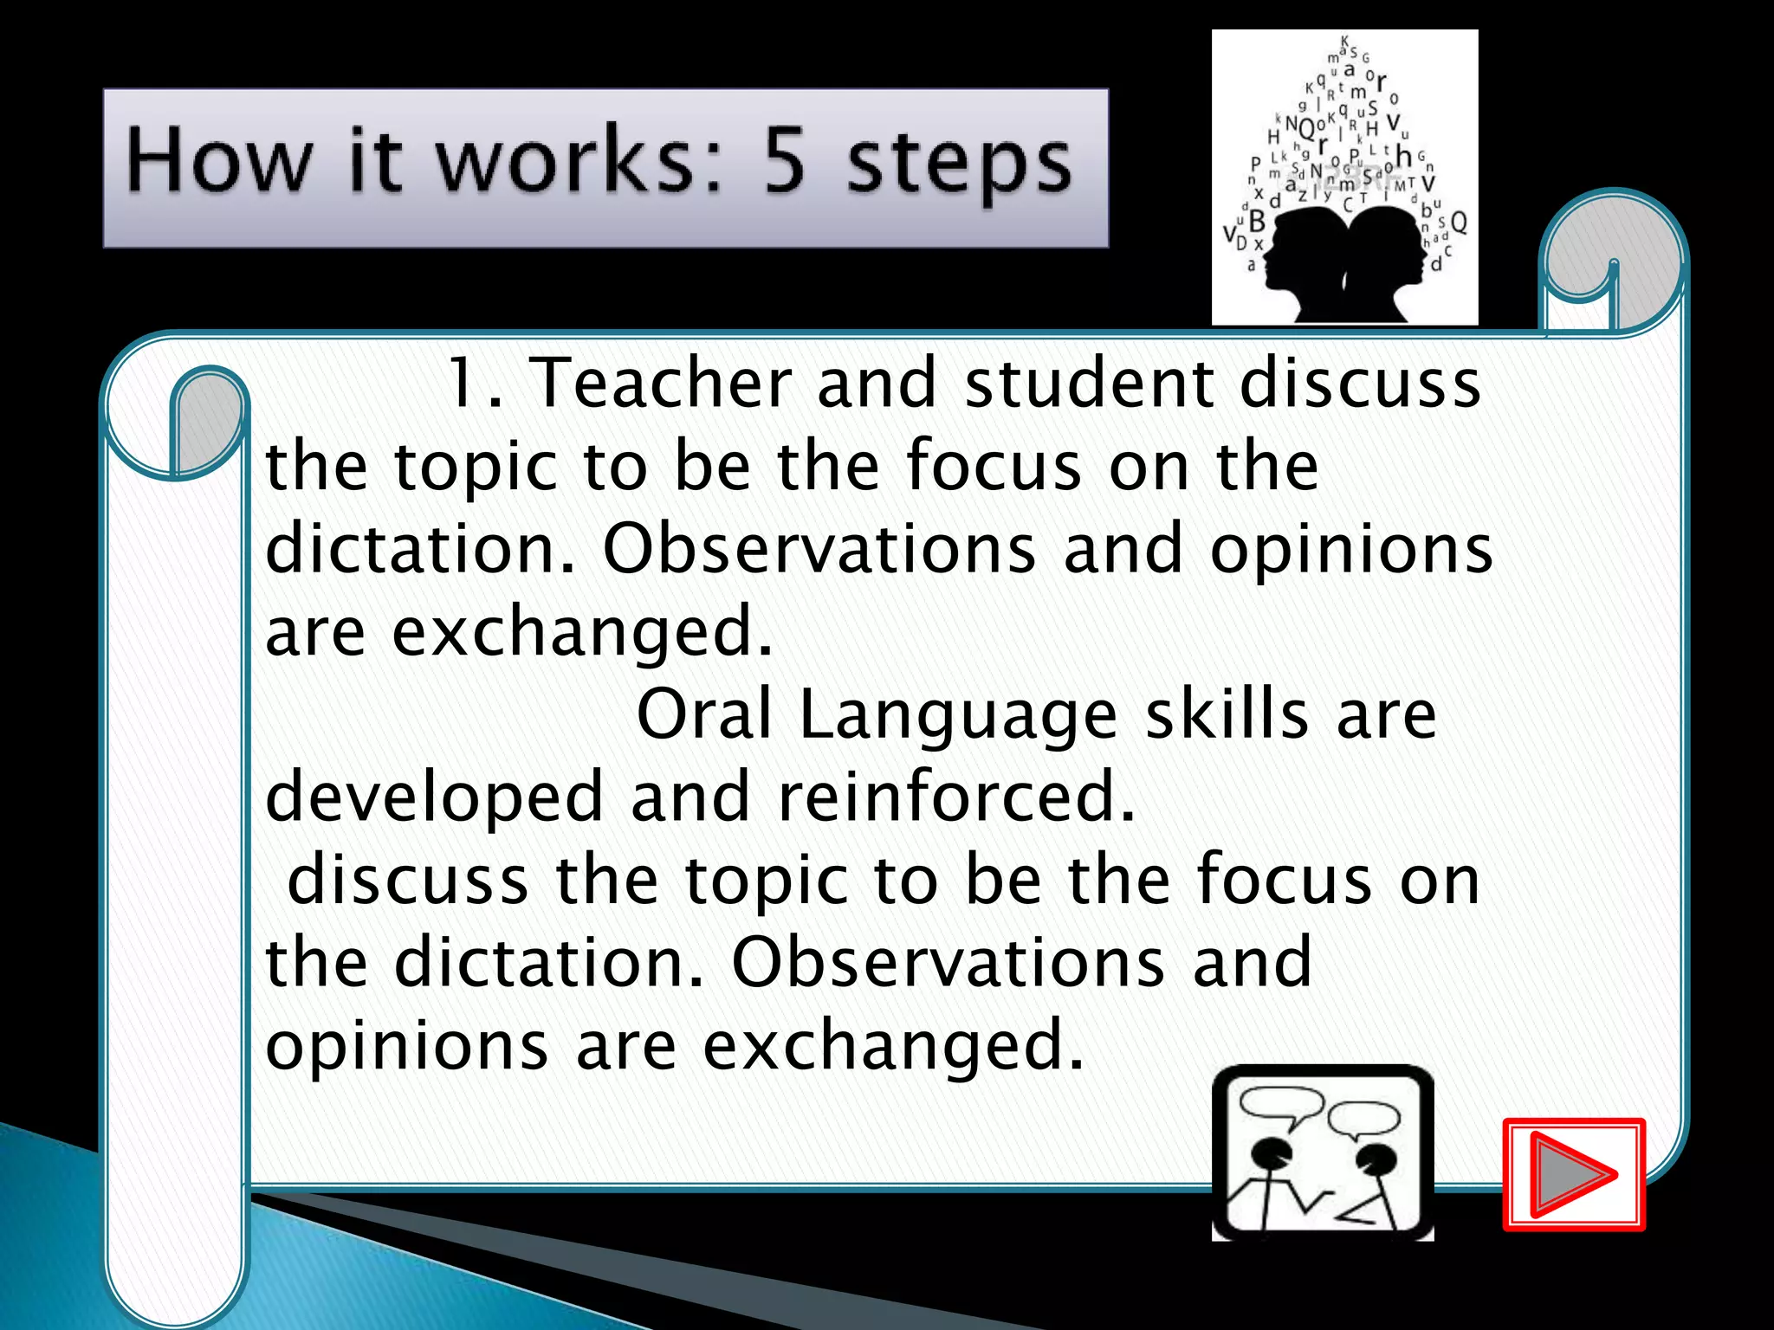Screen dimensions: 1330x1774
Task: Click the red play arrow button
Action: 1573,1174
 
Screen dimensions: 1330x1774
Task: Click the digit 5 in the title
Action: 785,160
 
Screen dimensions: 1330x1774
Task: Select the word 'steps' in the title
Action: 959,165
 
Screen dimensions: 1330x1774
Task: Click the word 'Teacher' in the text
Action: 660,384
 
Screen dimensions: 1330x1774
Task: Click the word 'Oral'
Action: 703,715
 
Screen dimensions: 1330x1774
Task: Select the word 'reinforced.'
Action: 956,797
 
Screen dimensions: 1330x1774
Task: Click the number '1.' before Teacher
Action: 474,384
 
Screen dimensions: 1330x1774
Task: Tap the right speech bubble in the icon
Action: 1363,1118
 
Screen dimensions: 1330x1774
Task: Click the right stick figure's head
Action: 1373,1159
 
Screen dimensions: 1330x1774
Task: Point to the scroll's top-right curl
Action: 1613,260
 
